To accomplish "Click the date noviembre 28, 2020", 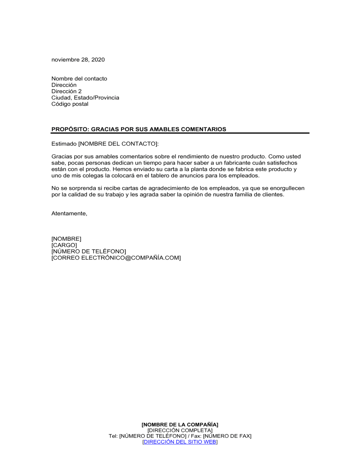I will [x=78, y=60].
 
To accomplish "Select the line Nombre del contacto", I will [x=79, y=79].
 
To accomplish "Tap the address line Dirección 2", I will [x=67, y=91].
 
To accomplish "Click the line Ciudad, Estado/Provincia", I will [x=85, y=98].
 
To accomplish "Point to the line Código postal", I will [x=70, y=104].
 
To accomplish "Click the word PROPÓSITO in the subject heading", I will [x=69, y=129].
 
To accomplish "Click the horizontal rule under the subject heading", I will [x=180, y=133].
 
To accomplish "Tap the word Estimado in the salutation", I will [x=64, y=144].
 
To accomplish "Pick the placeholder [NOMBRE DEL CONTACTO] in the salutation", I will [x=118, y=144].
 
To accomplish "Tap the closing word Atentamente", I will [x=69, y=214].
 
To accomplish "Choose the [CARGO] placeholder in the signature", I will [x=64, y=245].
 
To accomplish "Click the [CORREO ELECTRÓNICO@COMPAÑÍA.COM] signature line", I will [x=116, y=258].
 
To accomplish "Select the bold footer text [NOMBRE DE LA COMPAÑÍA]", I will [x=180, y=425].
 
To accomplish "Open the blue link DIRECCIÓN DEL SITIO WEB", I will [x=180, y=442].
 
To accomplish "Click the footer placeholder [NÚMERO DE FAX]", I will [x=227, y=436].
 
